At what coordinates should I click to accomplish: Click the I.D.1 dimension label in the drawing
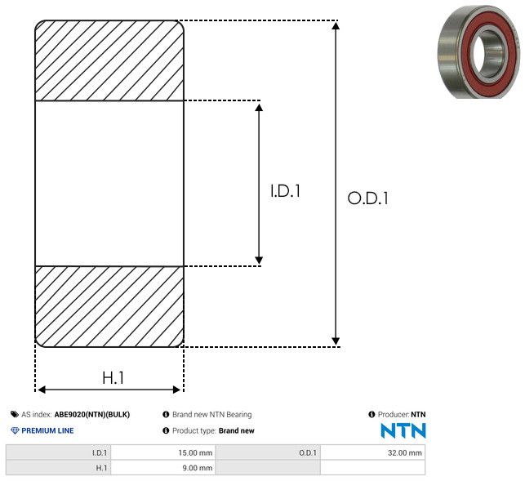pyautogui.click(x=286, y=192)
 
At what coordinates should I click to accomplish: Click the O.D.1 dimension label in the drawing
pyautogui.click(x=367, y=198)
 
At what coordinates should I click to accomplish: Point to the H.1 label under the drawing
pyautogui.click(x=113, y=378)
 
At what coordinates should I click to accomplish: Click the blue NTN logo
pyautogui.click(x=403, y=430)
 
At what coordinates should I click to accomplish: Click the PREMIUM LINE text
pyautogui.click(x=47, y=430)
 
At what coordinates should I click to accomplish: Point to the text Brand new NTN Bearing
pyautogui.click(x=211, y=415)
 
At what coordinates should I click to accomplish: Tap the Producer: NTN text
pyautogui.click(x=401, y=415)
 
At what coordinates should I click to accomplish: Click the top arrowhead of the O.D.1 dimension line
pyautogui.click(x=336, y=27)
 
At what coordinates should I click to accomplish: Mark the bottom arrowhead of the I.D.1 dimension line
pyautogui.click(x=260, y=260)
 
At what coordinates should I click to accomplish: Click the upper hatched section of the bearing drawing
pyautogui.click(x=109, y=60)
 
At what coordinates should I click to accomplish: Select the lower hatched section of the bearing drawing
pyautogui.click(x=109, y=306)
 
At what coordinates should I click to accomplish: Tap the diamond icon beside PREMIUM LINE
pyautogui.click(x=15, y=430)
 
